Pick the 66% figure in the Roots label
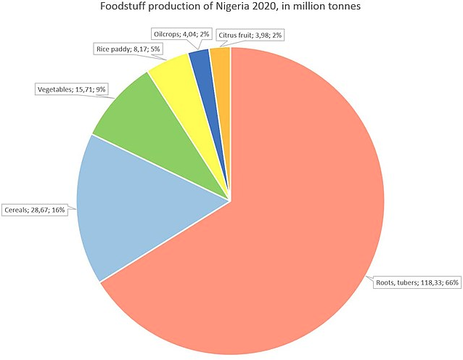pos(451,283)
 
